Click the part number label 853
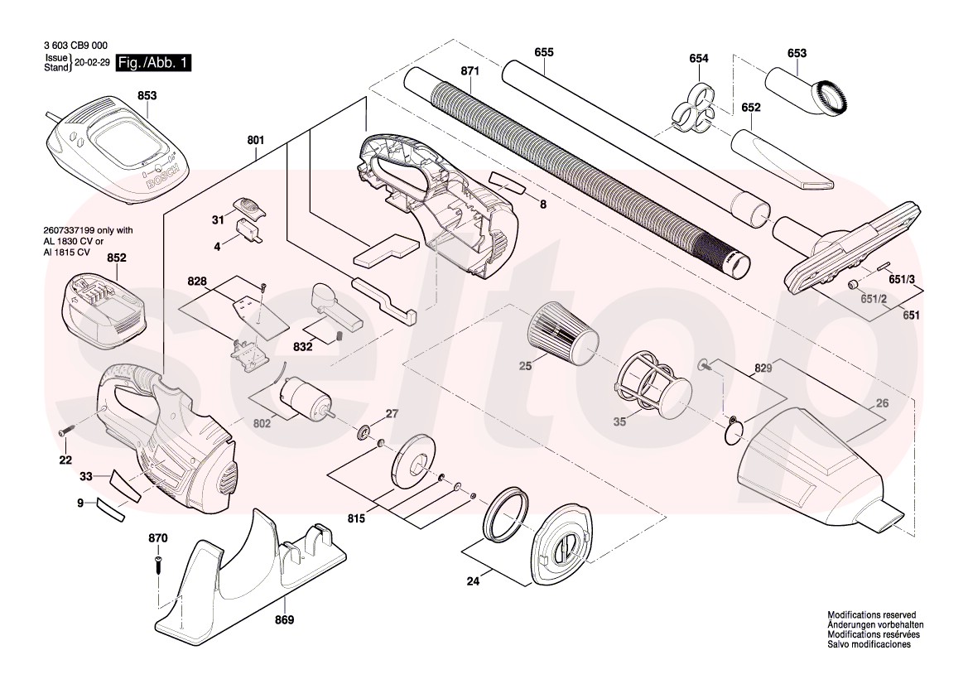tap(147, 96)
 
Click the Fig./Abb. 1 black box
tap(155, 63)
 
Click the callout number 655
tap(543, 52)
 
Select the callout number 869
tap(284, 619)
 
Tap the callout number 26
tap(881, 404)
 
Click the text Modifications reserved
tap(871, 615)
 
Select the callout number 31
tap(218, 219)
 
